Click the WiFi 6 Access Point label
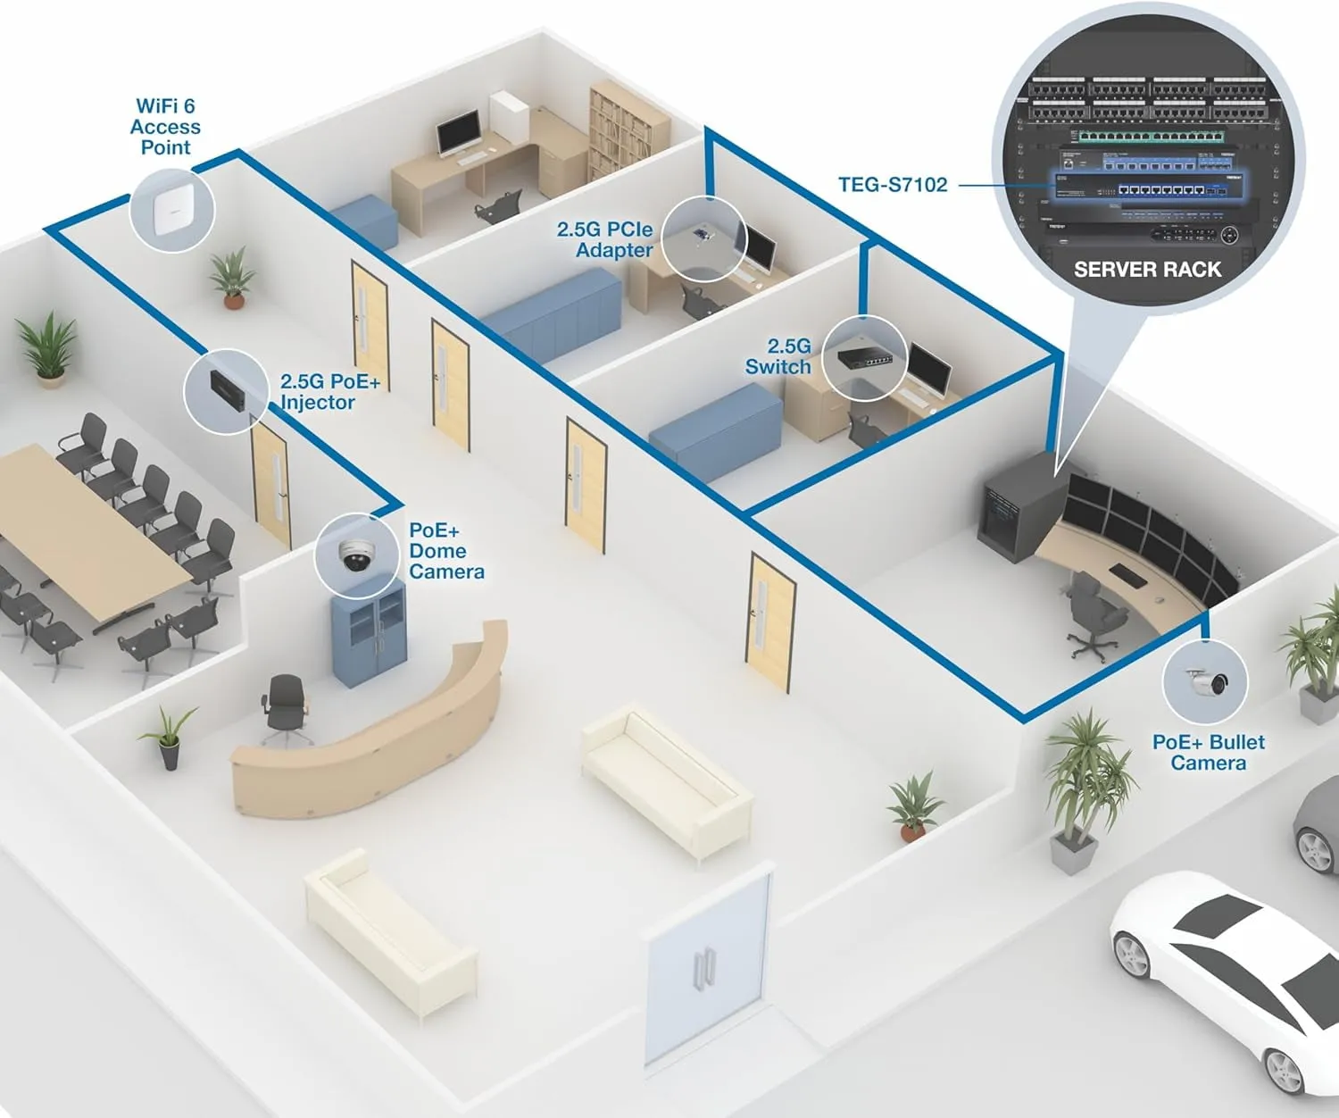pos(165,127)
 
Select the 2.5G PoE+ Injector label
pos(329,392)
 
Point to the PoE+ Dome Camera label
pos(445,551)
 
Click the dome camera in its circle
pos(357,556)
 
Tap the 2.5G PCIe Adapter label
pos(604,239)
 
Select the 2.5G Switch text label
pos(778,356)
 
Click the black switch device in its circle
pos(864,358)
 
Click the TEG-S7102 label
pos(892,185)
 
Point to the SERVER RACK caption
pos(1147,270)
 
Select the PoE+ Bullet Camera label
pos(1208,752)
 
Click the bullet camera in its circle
pos(1208,683)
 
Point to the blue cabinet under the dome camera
pos(369,638)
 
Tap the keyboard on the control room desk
pos(1128,576)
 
